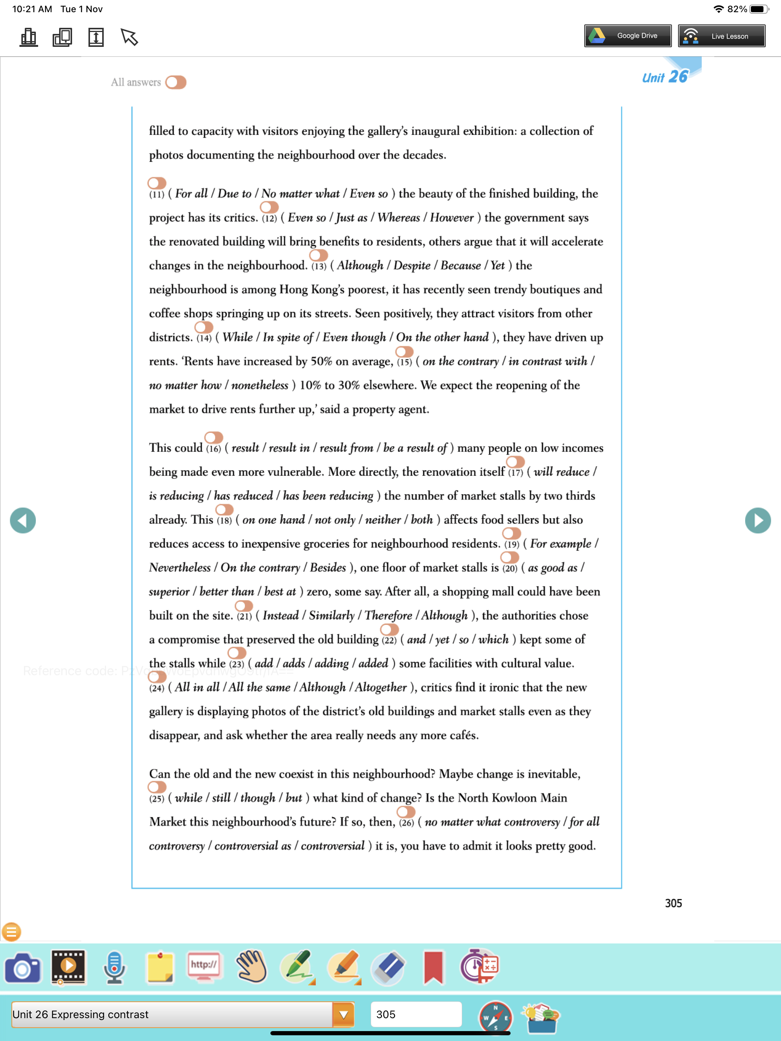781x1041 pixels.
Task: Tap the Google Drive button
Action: click(x=627, y=36)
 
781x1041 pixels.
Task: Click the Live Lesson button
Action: click(x=721, y=36)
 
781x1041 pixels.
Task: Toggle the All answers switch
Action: click(x=176, y=82)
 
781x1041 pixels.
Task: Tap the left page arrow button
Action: click(x=22, y=520)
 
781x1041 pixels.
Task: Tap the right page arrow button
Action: click(x=757, y=520)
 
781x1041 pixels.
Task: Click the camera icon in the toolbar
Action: click(x=22, y=968)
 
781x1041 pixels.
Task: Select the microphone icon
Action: click(x=114, y=968)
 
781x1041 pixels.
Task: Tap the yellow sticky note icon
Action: click(x=160, y=968)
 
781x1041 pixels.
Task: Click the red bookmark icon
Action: click(x=433, y=968)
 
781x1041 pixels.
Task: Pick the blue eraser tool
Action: click(x=388, y=968)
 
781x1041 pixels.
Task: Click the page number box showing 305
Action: click(x=415, y=1014)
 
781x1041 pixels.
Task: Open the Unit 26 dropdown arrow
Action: click(x=343, y=1015)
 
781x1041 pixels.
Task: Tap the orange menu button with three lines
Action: click(x=11, y=931)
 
